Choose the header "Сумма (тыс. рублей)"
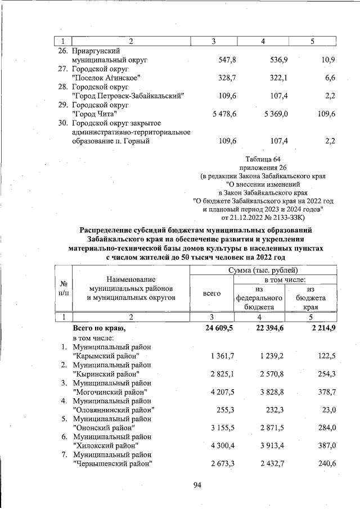point(263,271)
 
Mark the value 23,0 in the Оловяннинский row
point(326,410)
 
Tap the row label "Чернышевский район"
point(113,464)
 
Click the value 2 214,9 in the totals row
point(319,328)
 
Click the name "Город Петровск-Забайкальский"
point(128,96)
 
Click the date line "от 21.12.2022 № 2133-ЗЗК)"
point(263,217)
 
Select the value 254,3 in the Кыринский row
point(324,374)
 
